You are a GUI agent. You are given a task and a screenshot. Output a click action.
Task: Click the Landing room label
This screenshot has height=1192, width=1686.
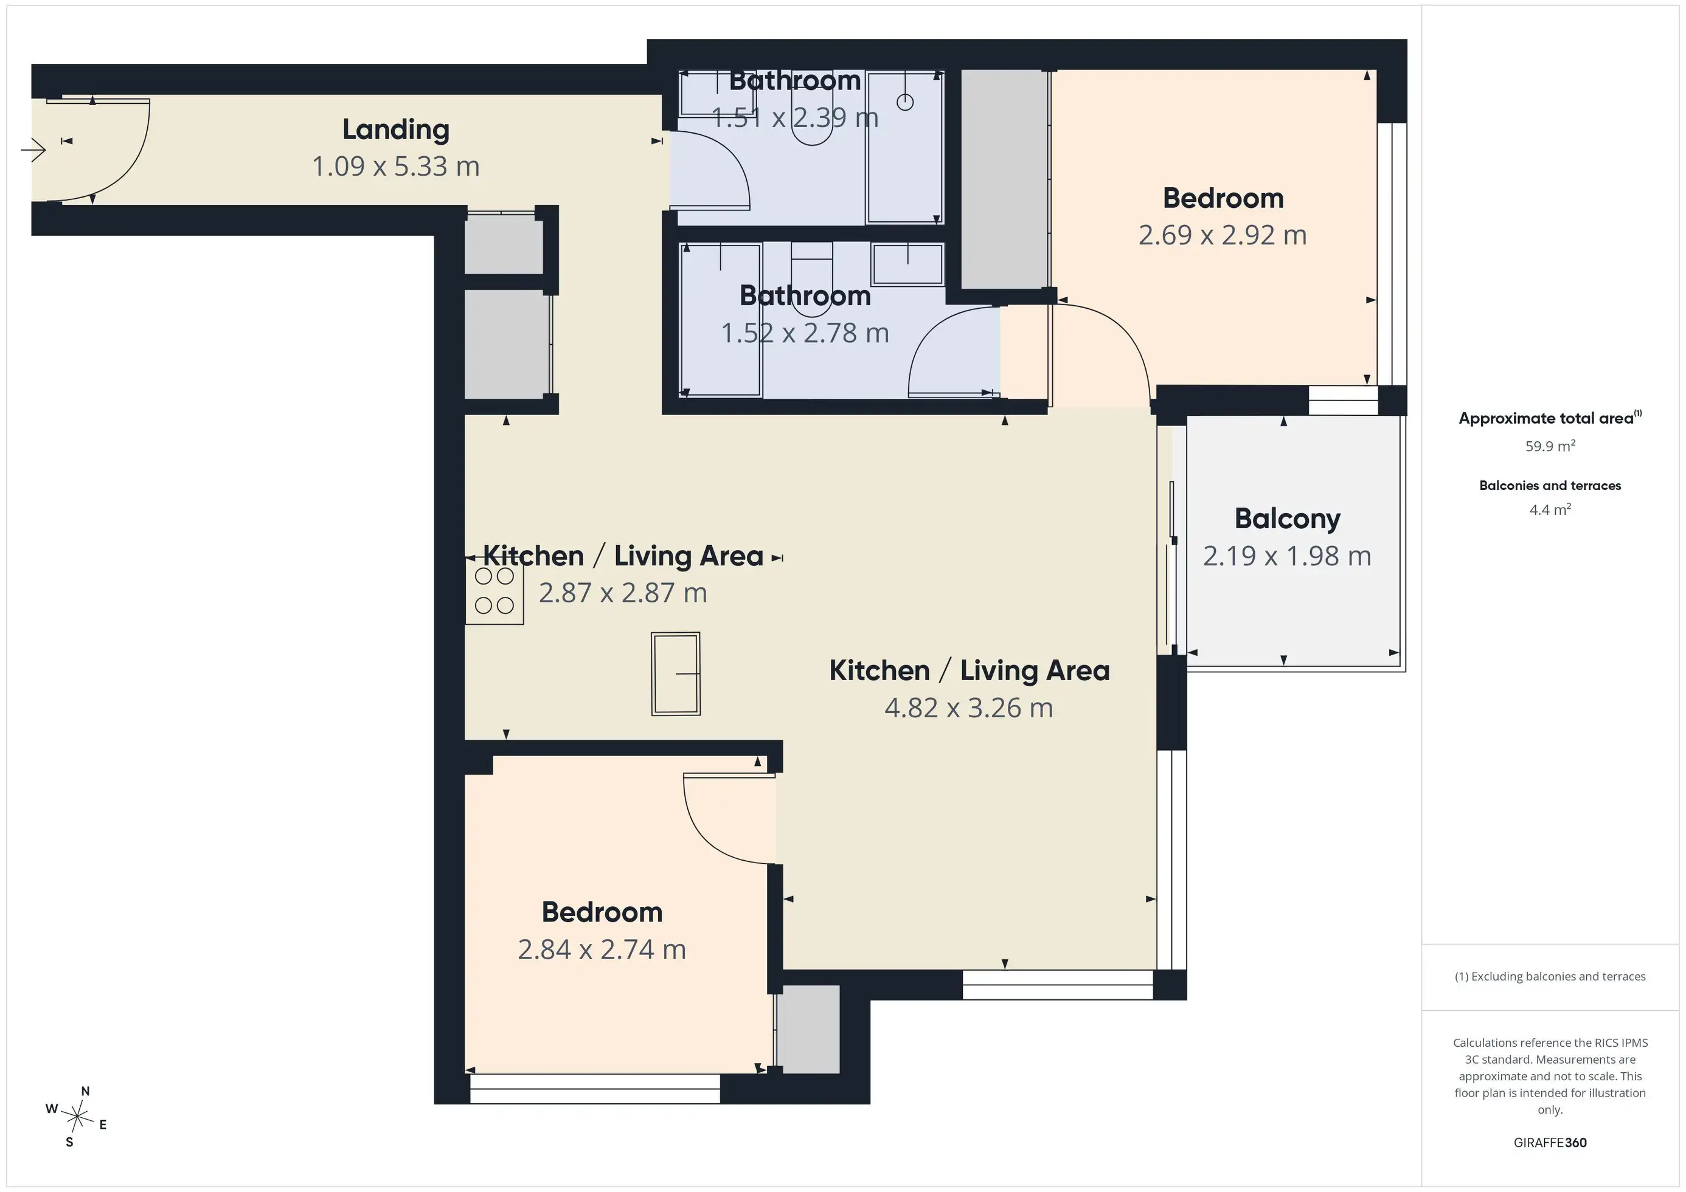click(396, 130)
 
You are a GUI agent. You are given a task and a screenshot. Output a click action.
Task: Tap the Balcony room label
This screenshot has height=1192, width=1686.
click(1287, 519)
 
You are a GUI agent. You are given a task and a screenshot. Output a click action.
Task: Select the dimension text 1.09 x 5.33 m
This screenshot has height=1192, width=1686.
click(396, 167)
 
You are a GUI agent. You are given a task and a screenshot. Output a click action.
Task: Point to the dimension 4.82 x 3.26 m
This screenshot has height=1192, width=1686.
click(968, 708)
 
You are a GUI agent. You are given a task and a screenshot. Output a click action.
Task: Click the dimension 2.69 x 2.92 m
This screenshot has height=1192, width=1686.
click(1223, 235)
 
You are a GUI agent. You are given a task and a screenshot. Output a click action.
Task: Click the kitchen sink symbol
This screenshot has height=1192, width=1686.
click(676, 673)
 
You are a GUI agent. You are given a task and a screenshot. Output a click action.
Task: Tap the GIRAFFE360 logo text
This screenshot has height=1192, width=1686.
click(1550, 1143)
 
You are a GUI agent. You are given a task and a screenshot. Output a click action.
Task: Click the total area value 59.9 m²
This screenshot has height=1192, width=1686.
click(1550, 446)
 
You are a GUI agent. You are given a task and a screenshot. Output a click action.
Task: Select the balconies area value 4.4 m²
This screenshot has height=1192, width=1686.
click(1550, 509)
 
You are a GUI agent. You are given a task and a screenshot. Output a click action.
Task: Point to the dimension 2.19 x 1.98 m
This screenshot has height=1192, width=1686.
click(1287, 556)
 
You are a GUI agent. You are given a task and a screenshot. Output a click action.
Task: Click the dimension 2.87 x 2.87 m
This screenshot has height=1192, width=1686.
click(623, 593)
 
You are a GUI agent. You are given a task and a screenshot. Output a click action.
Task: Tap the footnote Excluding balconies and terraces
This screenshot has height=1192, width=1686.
click(1550, 976)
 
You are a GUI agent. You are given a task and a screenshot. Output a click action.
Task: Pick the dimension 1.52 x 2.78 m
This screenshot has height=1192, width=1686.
click(805, 333)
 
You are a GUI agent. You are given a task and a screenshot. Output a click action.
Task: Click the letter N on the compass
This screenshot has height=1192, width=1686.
click(85, 1092)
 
